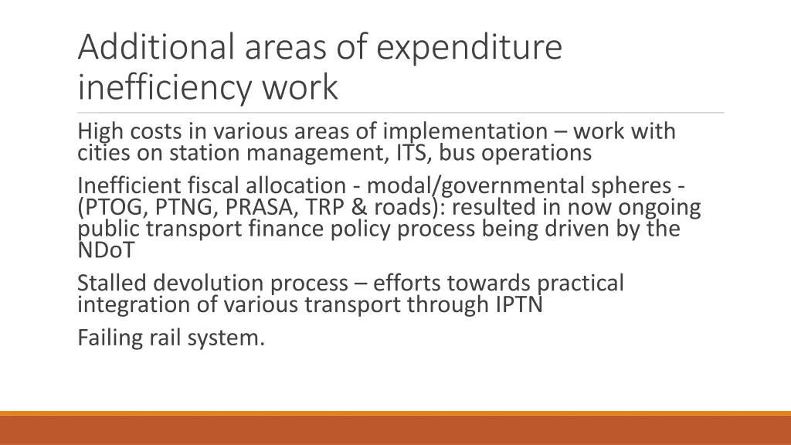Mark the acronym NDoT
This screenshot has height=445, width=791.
(x=106, y=250)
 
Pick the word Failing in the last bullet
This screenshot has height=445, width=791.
(x=107, y=338)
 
